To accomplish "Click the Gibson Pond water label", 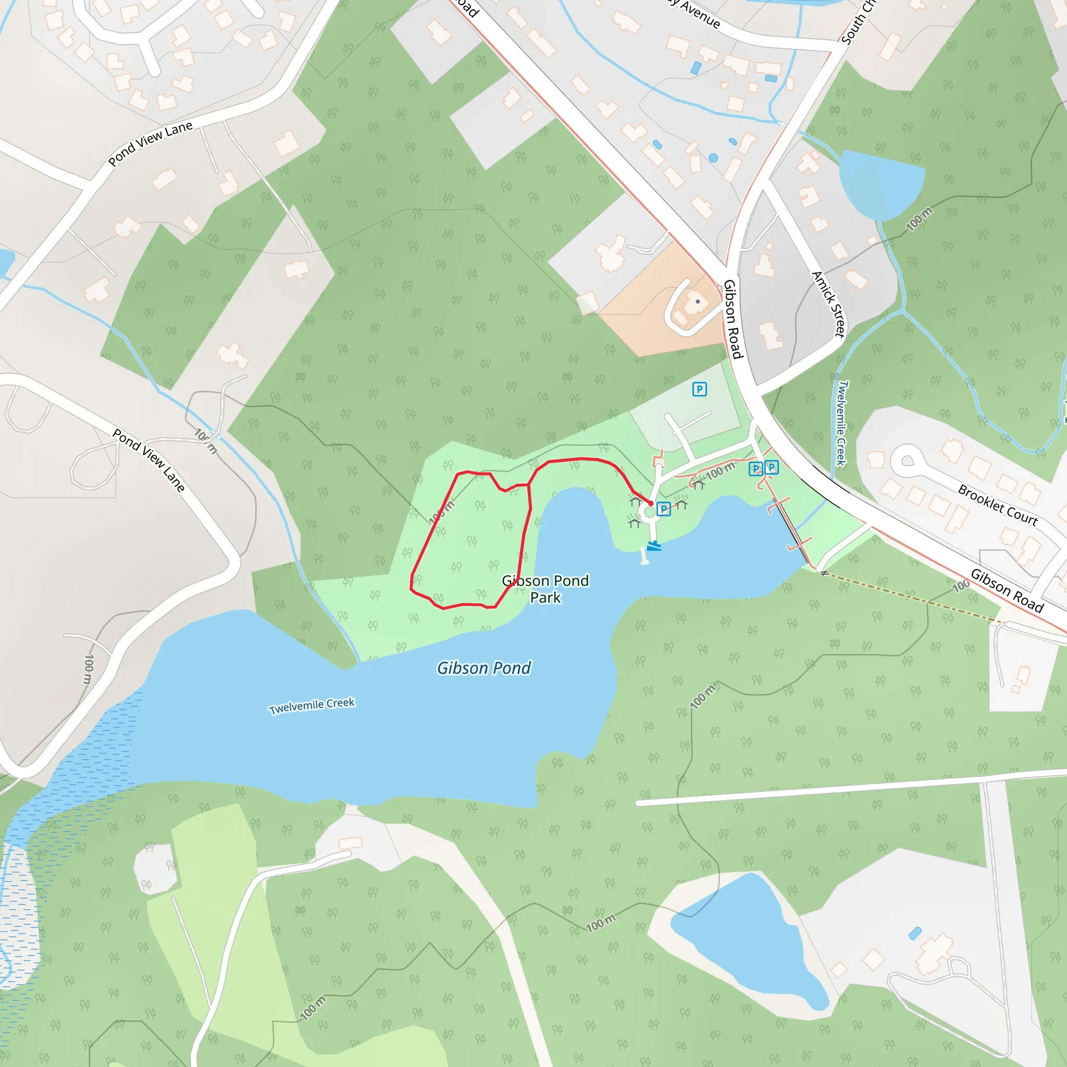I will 484,668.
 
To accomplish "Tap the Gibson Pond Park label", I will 545,589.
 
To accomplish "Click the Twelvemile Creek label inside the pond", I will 312,706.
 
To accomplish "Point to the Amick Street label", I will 828,304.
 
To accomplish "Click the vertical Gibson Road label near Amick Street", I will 733,319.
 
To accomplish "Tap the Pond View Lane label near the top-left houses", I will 150,143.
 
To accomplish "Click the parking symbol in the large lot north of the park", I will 699,389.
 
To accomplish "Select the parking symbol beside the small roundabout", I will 664,508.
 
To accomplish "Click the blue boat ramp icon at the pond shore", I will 654,546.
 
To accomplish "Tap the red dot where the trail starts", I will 651,503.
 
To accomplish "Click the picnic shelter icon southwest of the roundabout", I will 634,520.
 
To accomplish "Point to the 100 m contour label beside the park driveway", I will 720,471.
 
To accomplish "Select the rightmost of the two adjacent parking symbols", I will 772,467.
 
